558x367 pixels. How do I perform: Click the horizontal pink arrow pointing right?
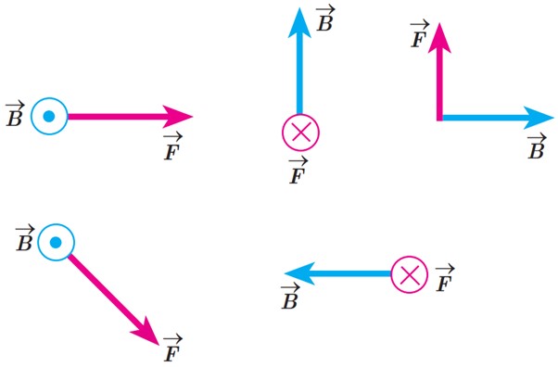tap(130, 117)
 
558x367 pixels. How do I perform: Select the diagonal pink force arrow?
tap(113, 299)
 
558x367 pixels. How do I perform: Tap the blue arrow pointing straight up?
tap(299, 60)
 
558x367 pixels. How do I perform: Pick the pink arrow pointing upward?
tap(439, 72)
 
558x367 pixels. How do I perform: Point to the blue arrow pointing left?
tap(338, 273)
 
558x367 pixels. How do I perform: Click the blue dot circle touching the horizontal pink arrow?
tap(49, 116)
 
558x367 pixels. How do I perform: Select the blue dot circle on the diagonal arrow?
tap(57, 243)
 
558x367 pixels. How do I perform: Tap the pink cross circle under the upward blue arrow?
tap(300, 132)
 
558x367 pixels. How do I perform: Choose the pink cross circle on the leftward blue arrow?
tap(410, 274)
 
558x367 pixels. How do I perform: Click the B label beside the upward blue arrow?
tap(325, 19)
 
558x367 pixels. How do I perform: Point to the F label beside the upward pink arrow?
tap(419, 35)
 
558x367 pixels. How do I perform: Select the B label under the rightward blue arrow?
tap(537, 146)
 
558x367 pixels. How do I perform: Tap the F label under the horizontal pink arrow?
tap(173, 146)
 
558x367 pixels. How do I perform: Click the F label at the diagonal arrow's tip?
tap(173, 348)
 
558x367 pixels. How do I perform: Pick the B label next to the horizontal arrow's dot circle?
tap(15, 114)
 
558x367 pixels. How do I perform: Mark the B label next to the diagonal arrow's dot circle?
tap(25, 238)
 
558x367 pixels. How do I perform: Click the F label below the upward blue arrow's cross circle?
tap(298, 171)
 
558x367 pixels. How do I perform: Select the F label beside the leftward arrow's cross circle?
tap(445, 278)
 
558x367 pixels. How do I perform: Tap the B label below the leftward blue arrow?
tap(290, 297)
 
